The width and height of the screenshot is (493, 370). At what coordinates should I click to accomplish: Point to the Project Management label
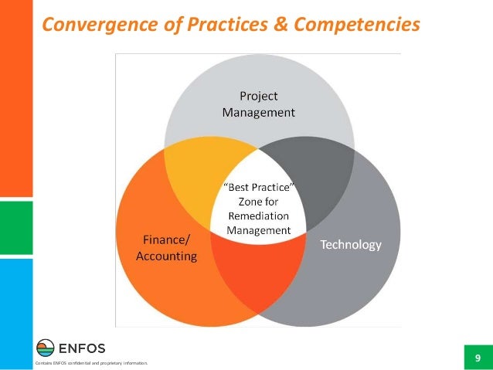pos(258,104)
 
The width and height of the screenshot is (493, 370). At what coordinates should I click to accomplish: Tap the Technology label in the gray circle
pos(351,245)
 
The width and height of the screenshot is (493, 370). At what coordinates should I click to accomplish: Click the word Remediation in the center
pos(259,216)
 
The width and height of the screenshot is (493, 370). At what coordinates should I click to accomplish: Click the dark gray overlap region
pos(325,174)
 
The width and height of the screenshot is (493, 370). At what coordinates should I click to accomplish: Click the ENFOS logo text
pos(83,346)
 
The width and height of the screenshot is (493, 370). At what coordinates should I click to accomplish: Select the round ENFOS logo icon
pos(46,346)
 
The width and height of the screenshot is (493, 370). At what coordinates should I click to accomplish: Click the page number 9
pos(478,358)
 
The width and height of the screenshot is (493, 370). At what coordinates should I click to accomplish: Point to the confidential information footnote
pos(87,363)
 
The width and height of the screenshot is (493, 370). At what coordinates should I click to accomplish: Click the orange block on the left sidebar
pos(16,100)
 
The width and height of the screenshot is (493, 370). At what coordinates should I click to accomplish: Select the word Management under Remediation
pos(259,230)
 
